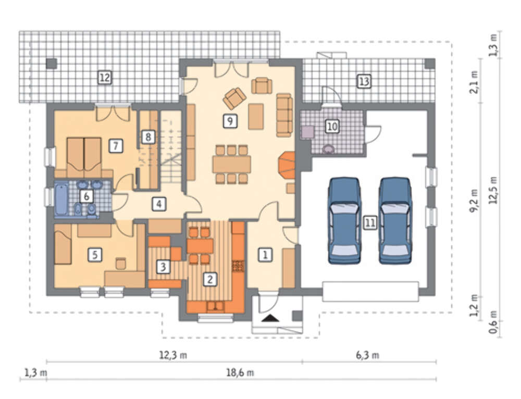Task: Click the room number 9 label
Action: click(230, 121)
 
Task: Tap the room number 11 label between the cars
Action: click(370, 222)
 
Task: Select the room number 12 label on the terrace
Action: click(104, 78)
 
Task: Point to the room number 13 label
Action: click(364, 81)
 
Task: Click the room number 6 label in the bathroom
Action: click(86, 196)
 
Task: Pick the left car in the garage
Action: click(344, 221)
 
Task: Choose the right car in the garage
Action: click(395, 221)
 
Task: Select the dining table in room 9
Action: click(232, 164)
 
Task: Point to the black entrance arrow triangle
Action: click(270, 318)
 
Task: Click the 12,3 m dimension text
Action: click(173, 355)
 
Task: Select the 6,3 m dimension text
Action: click(367, 355)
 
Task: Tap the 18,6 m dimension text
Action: click(240, 373)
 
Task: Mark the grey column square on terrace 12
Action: click(52, 64)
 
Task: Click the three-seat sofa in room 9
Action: click(284, 115)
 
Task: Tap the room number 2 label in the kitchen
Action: click(209, 279)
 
